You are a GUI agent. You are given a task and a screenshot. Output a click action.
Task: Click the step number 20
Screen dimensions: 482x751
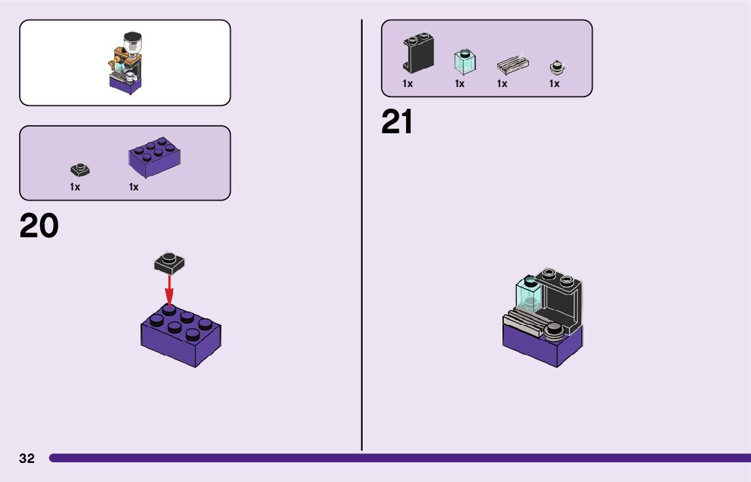[39, 226]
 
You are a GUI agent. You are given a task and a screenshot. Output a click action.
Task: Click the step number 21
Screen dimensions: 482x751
[397, 123]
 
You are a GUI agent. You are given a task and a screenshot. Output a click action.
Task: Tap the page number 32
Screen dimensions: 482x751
[26, 458]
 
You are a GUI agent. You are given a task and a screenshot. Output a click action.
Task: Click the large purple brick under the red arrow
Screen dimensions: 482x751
[181, 337]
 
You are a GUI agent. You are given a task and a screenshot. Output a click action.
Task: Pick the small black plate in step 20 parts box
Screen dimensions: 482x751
[80, 170]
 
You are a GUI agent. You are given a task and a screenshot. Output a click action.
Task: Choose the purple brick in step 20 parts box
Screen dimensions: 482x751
[155, 157]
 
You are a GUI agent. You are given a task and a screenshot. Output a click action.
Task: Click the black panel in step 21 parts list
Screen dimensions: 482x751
[418, 53]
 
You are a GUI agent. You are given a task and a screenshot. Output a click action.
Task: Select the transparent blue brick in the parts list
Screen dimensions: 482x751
[464, 62]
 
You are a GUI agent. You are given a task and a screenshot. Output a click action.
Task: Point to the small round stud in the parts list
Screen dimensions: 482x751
[557, 67]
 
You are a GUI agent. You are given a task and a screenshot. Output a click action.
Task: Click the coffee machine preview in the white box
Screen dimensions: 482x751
[126, 63]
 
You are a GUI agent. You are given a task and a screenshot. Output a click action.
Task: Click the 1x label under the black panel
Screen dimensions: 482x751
[407, 84]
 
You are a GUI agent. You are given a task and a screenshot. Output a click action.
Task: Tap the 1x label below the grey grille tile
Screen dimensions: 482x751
[502, 84]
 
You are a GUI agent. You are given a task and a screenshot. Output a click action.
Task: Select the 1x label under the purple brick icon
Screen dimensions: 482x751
[134, 187]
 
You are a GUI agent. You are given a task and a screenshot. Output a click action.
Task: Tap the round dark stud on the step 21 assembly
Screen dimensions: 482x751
[555, 330]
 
